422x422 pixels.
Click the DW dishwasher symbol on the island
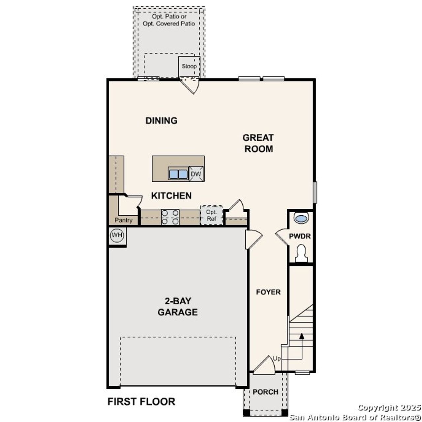pyautogui.click(x=196, y=174)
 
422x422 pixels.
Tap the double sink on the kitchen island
pyautogui.click(x=178, y=174)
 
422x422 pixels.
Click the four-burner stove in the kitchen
pyautogui.click(x=170, y=217)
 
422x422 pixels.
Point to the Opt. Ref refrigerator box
pyautogui.click(x=211, y=216)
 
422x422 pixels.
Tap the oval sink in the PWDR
pyautogui.click(x=301, y=218)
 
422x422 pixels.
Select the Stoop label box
pyautogui.click(x=189, y=66)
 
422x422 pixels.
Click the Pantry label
pyautogui.click(x=124, y=220)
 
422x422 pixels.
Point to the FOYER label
pyautogui.click(x=268, y=292)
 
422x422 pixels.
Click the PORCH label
pyautogui.click(x=265, y=392)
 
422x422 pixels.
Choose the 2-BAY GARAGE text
pyautogui.click(x=178, y=307)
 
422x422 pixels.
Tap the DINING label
pyautogui.click(x=162, y=121)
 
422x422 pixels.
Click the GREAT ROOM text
pyautogui.click(x=258, y=143)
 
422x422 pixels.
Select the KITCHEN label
pyautogui.click(x=171, y=196)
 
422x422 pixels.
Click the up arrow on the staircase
pyautogui.click(x=301, y=337)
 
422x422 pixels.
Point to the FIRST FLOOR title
pyautogui.click(x=141, y=402)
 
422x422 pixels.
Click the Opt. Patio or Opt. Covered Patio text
pyautogui.click(x=169, y=20)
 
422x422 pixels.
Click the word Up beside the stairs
pyautogui.click(x=277, y=358)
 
